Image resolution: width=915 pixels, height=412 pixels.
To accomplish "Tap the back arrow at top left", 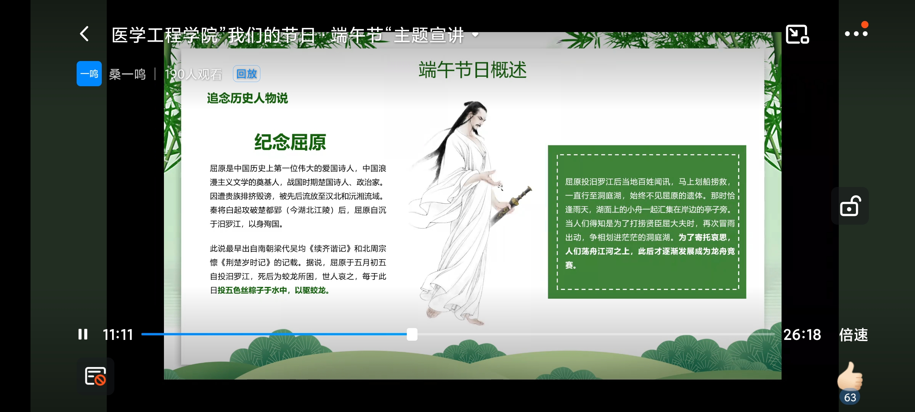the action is tap(85, 34).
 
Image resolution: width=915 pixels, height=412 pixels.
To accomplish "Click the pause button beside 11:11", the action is tap(83, 335).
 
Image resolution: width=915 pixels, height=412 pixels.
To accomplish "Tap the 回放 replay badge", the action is tap(247, 74).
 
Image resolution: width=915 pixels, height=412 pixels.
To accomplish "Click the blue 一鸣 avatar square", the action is tap(89, 74).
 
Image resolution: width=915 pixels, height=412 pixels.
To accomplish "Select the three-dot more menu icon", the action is tap(856, 34).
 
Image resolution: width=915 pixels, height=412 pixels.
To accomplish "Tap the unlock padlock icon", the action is tap(850, 206).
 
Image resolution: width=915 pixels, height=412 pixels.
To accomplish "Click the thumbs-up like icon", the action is tap(849, 376).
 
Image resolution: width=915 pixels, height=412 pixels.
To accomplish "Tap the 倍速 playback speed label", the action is tap(854, 335).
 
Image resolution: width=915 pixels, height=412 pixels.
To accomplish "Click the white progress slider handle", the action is tap(412, 334).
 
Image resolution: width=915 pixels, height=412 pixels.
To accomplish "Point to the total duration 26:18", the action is tap(802, 335).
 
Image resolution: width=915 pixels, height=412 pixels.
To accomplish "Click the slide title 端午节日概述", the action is tap(472, 70).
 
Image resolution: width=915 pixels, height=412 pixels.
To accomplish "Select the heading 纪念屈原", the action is tap(290, 142).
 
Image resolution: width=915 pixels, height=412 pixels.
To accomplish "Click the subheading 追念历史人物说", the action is tap(247, 98).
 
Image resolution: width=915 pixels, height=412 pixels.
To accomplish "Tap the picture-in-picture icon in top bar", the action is tap(797, 34).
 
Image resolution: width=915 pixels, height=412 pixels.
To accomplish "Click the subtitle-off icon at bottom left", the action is tap(95, 376).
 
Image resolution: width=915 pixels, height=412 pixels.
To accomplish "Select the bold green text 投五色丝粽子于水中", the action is tap(252, 290).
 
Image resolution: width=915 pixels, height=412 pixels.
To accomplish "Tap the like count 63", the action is tap(850, 398).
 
